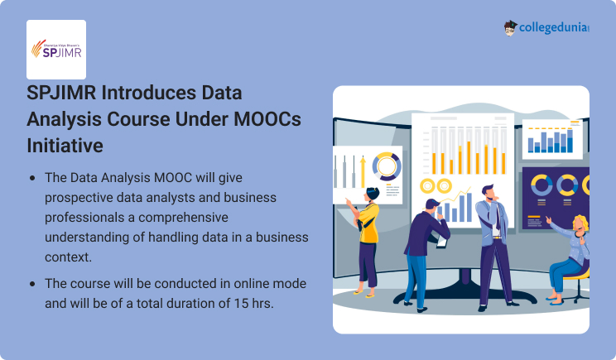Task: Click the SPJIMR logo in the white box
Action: [x=56, y=48]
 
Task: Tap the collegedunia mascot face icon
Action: [x=510, y=28]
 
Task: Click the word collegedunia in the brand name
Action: [x=553, y=28]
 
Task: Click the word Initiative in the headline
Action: [x=65, y=146]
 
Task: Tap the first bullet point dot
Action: [x=32, y=178]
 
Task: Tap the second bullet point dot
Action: [x=32, y=284]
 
